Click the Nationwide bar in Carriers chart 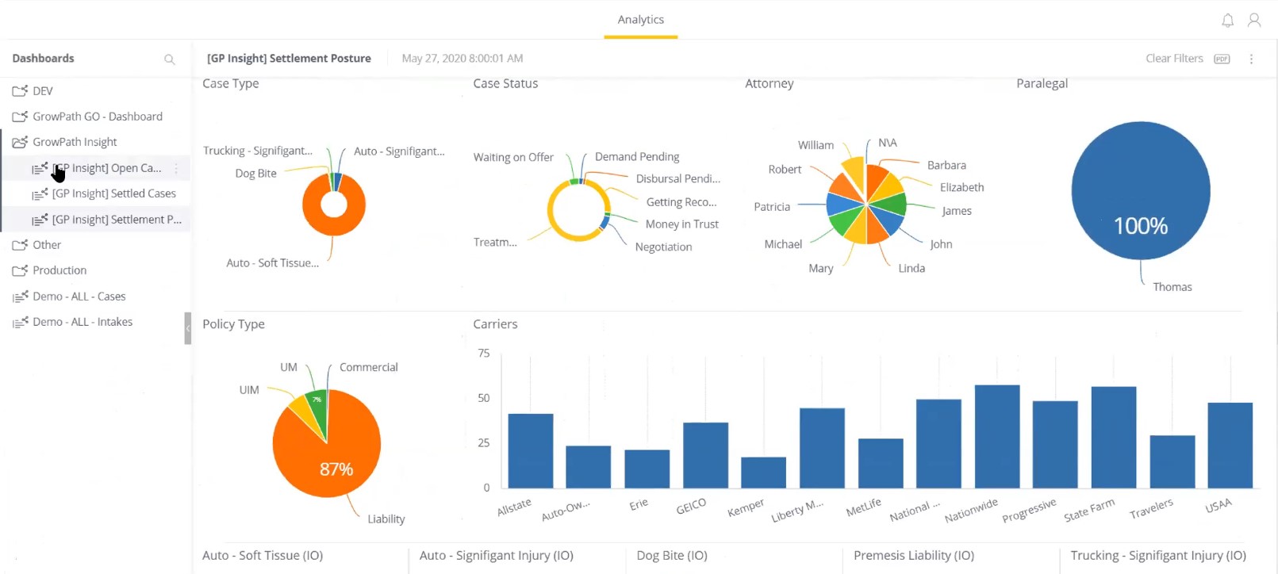click(996, 437)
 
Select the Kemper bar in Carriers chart click(763, 473)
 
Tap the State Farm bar click(1113, 438)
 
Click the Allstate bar click(530, 451)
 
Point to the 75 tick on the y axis click(483, 354)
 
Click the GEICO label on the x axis click(690, 507)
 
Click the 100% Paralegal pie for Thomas click(1140, 190)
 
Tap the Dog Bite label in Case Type click(255, 174)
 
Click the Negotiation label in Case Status click(663, 247)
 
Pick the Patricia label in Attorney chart click(771, 207)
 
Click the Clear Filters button click(1173, 59)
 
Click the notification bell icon click(1227, 21)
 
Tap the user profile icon click(1253, 21)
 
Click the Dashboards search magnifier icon click(169, 59)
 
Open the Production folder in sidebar click(59, 270)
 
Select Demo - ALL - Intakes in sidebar click(82, 322)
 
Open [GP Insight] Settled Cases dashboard click(113, 193)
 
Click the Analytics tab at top click(640, 20)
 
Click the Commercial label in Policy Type click(368, 368)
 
